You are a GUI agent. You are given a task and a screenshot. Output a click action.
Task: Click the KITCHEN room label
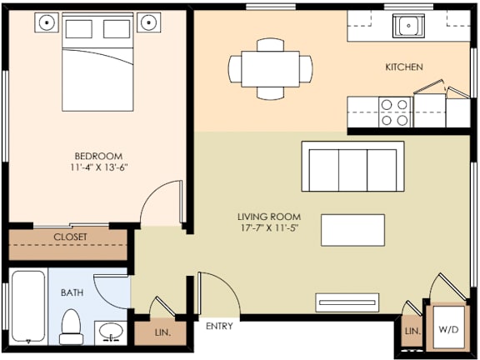pyautogui.click(x=403, y=67)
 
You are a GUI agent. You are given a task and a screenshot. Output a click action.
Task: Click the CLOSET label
pyautogui.click(x=70, y=237)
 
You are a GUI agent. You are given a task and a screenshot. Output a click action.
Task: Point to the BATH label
pyautogui.click(x=72, y=293)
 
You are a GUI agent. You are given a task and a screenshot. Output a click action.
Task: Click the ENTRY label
pyautogui.click(x=219, y=326)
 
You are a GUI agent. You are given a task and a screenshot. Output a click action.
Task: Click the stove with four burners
pyautogui.click(x=395, y=112)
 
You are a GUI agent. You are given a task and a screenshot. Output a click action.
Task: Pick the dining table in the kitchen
pyautogui.click(x=270, y=66)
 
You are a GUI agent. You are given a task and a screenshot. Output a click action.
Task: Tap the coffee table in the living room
pyautogui.click(x=353, y=230)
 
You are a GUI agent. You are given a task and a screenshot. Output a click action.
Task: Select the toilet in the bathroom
pyautogui.click(x=71, y=326)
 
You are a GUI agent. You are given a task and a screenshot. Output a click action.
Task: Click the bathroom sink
pyautogui.click(x=109, y=332)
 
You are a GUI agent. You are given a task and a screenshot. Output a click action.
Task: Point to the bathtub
pyautogui.click(x=27, y=307)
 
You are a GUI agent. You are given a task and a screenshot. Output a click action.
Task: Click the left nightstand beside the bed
pyautogui.click(x=47, y=22)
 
